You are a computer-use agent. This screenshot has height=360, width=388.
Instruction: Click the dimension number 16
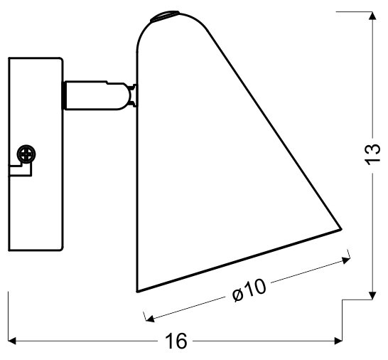(x=176, y=341)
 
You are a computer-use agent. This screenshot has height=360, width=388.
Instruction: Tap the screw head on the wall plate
(x=26, y=154)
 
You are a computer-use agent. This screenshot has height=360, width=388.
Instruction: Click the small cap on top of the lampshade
(x=165, y=16)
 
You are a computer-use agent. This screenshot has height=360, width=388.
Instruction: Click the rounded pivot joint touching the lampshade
(x=132, y=95)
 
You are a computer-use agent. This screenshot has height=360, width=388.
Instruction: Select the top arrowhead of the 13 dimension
(x=372, y=16)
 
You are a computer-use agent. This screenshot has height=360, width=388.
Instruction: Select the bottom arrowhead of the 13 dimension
(x=372, y=295)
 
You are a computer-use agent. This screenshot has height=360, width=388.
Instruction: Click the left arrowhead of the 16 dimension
(x=12, y=341)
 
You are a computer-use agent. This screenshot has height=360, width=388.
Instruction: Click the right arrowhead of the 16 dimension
(x=338, y=341)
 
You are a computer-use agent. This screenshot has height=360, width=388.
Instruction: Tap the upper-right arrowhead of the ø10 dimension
(x=346, y=260)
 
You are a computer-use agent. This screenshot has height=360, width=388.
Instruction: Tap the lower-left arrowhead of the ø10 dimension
(x=150, y=318)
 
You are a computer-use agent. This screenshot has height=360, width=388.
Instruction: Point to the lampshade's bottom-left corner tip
(x=137, y=292)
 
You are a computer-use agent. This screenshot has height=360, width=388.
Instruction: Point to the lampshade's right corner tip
(x=342, y=229)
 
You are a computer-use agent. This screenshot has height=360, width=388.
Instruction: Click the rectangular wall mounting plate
(x=36, y=154)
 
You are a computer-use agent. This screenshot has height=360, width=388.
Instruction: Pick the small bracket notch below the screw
(x=21, y=169)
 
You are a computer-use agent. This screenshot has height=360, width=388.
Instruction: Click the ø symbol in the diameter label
(x=237, y=295)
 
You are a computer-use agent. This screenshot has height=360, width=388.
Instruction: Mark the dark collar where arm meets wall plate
(x=63, y=95)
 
